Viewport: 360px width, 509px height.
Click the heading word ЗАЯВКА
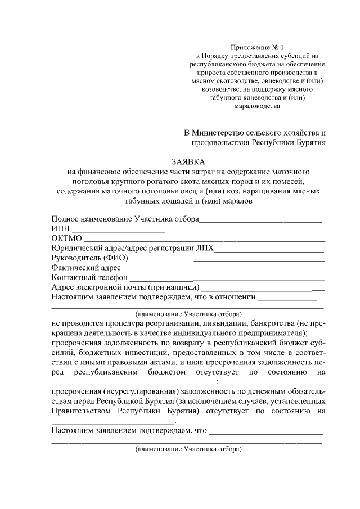coord(188,161)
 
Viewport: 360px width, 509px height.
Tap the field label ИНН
coord(60,228)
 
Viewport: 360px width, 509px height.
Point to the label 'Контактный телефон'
coord(87,278)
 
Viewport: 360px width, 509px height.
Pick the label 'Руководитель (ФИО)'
coord(89,258)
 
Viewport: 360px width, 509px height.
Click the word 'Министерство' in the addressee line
coord(219,133)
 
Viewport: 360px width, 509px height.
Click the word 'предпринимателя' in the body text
coord(264,333)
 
